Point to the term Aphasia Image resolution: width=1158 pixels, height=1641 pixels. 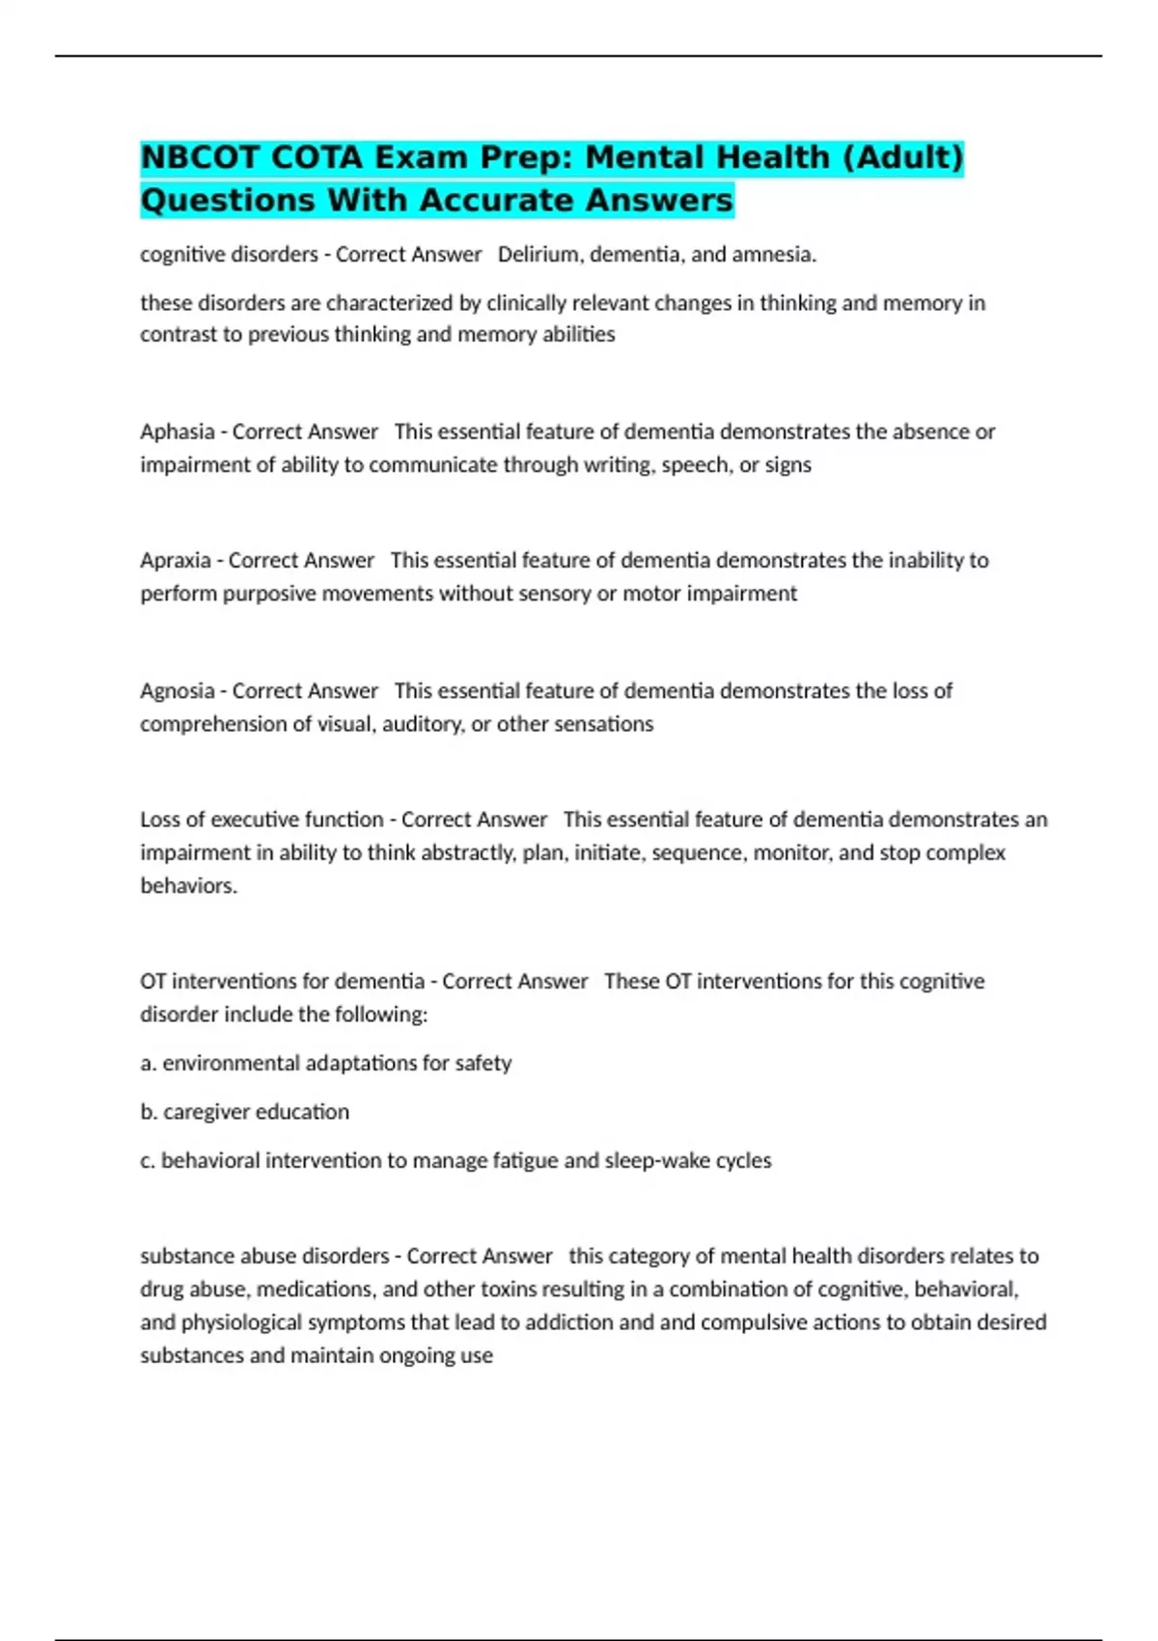(177, 431)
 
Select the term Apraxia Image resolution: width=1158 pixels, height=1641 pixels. (175, 561)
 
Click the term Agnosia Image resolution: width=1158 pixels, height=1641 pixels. (177, 691)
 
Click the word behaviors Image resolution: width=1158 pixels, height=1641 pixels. (188, 886)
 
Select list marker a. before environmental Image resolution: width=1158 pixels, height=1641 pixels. (148, 1064)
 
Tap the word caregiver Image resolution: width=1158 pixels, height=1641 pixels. (205, 1112)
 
